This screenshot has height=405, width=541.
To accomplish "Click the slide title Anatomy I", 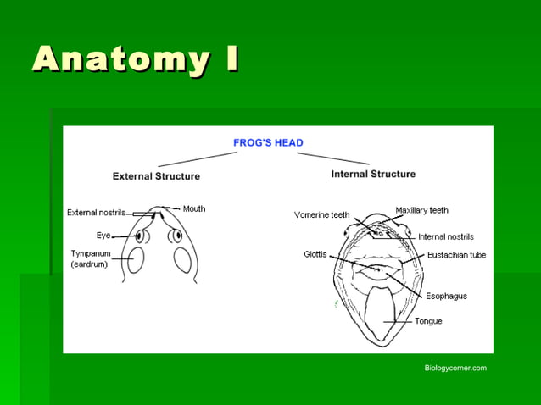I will (x=136, y=59).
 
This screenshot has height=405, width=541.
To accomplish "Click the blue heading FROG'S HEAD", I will (x=268, y=143).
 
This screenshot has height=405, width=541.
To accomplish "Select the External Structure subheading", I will (x=156, y=176).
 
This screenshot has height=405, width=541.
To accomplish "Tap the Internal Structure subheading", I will (x=373, y=174).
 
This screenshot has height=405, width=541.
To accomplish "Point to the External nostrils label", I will (x=96, y=213).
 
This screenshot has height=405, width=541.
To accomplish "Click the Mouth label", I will (x=194, y=208).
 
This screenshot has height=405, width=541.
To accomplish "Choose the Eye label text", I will (x=103, y=236).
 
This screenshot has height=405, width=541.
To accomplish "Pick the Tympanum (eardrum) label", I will (x=91, y=258).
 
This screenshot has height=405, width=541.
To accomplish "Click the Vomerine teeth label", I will (x=321, y=215).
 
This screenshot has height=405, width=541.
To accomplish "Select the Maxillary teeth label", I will (x=421, y=210).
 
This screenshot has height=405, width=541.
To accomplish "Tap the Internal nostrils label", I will (x=445, y=236).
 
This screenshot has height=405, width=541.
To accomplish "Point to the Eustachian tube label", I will (x=456, y=255).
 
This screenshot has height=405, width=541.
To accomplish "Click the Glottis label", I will (x=315, y=254).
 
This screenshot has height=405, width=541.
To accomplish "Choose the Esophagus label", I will (x=446, y=296).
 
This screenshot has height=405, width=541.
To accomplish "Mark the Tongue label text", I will (x=427, y=321).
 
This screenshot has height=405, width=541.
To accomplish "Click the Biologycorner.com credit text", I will (x=455, y=368).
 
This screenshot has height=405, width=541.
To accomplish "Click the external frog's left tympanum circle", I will (x=136, y=260).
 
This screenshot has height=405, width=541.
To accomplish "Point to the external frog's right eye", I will (x=176, y=236).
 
